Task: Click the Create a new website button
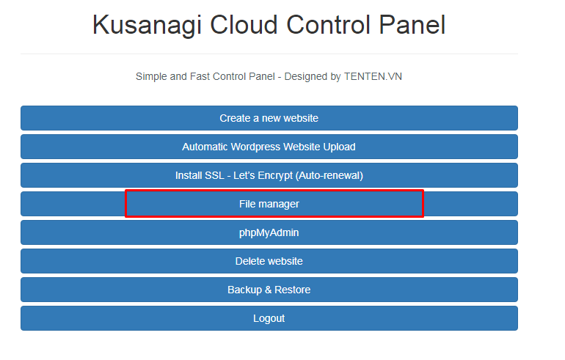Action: click(269, 118)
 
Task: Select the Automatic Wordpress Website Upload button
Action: click(269, 147)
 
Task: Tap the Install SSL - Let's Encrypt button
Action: click(269, 175)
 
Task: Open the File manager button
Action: click(269, 204)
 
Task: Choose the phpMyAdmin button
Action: click(269, 232)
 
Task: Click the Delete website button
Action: click(269, 261)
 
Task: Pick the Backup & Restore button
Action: click(269, 290)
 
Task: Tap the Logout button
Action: click(269, 318)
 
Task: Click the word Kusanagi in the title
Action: click(147, 26)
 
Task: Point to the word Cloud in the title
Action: click(244, 24)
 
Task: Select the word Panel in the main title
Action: click(412, 24)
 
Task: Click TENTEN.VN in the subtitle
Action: click(373, 77)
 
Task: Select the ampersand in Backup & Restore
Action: click(268, 290)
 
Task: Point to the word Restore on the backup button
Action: click(293, 290)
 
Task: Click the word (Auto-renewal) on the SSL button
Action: click(330, 176)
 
